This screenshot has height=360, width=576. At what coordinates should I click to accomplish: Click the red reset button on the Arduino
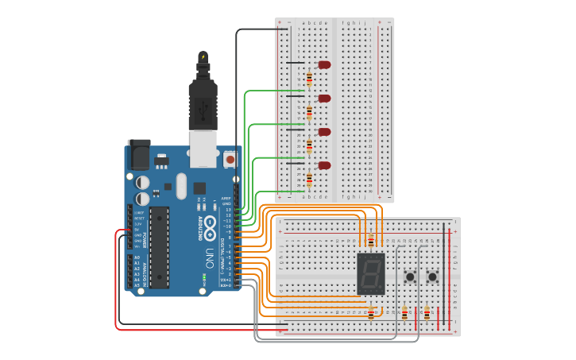(x=230, y=159)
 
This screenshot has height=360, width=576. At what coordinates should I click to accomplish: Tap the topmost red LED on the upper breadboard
(x=323, y=64)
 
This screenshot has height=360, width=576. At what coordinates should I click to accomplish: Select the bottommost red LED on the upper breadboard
(x=323, y=165)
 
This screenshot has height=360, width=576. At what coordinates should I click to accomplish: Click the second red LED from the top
(x=323, y=99)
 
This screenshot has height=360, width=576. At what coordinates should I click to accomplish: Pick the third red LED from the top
(x=323, y=132)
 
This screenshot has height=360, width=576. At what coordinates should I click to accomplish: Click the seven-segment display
(x=371, y=273)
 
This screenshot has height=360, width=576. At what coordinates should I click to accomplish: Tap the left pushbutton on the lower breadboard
(x=411, y=277)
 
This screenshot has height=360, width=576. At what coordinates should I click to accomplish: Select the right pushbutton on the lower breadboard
(x=433, y=277)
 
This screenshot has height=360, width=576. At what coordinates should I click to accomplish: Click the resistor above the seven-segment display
(x=371, y=241)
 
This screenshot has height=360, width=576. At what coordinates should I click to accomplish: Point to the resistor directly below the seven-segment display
(x=371, y=314)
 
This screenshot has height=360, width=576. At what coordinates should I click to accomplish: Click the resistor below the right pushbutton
(x=427, y=313)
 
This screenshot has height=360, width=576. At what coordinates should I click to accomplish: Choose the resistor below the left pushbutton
(x=404, y=313)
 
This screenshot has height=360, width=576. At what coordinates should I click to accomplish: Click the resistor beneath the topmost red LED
(x=309, y=78)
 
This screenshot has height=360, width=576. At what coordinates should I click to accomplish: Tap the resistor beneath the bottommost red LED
(x=309, y=180)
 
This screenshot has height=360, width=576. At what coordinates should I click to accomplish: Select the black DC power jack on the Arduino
(x=139, y=154)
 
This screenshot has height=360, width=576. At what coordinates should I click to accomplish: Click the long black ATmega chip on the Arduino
(x=160, y=246)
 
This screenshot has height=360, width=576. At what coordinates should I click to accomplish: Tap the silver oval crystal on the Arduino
(x=181, y=187)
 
